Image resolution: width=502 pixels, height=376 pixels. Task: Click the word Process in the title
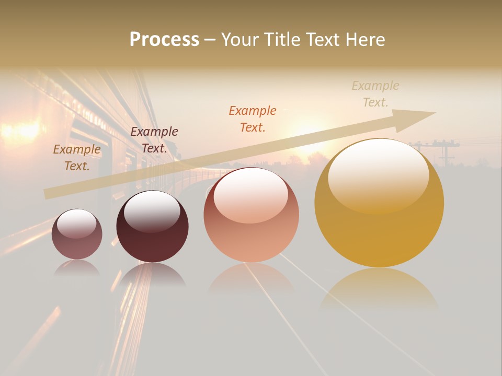point(164,40)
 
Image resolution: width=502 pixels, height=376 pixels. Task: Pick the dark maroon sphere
point(152,227)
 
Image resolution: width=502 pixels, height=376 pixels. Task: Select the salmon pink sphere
point(251,215)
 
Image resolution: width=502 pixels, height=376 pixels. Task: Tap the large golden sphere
point(379,204)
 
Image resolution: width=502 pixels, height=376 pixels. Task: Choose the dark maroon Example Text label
point(154,140)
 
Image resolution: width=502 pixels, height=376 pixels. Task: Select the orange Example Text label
point(253,119)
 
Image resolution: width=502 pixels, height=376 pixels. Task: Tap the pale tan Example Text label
point(375,94)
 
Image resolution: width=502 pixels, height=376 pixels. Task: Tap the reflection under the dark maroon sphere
point(152,275)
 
